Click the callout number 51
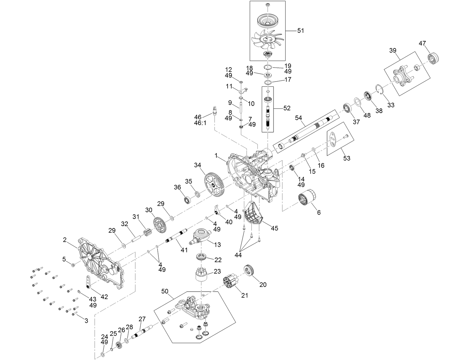[x=300, y=30]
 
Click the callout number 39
[x=393, y=50]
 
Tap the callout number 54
[x=298, y=118]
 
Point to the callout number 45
[x=274, y=228]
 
